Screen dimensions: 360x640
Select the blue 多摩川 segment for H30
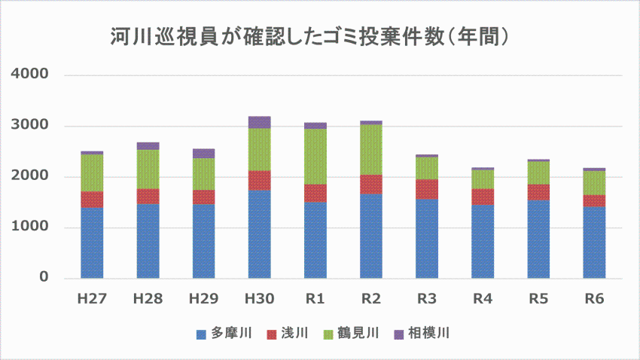(x=259, y=233)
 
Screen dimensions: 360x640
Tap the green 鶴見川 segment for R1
(x=315, y=157)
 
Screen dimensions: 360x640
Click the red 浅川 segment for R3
(x=427, y=189)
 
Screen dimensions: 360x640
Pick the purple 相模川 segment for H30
(x=259, y=122)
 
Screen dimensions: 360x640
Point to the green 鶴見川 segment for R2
(x=370, y=149)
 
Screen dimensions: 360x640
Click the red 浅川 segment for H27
(x=92, y=199)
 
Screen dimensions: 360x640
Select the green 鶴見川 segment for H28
(x=148, y=169)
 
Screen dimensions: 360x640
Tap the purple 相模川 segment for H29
(x=203, y=153)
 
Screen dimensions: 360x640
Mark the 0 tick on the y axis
(x=44, y=278)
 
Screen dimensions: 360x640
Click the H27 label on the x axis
(x=92, y=299)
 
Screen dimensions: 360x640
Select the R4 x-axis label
(x=483, y=299)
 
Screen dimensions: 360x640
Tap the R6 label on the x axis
(x=594, y=299)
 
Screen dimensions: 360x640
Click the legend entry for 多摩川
(x=224, y=333)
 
